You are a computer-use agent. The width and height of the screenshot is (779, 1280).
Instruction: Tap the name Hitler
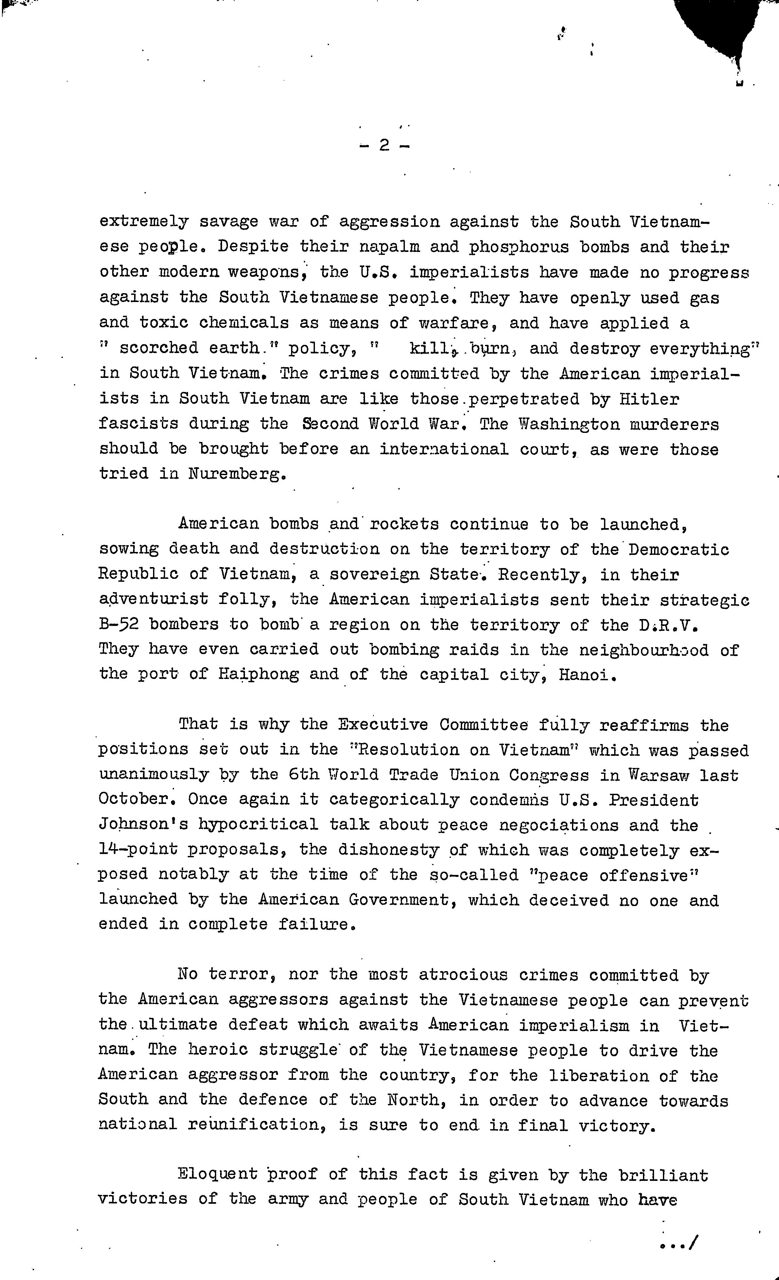(x=649, y=399)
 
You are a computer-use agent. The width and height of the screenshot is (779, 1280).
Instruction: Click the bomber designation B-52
(x=119, y=624)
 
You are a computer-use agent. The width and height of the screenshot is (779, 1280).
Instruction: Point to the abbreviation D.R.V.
(x=668, y=624)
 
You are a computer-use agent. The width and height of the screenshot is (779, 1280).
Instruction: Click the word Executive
(x=383, y=724)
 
